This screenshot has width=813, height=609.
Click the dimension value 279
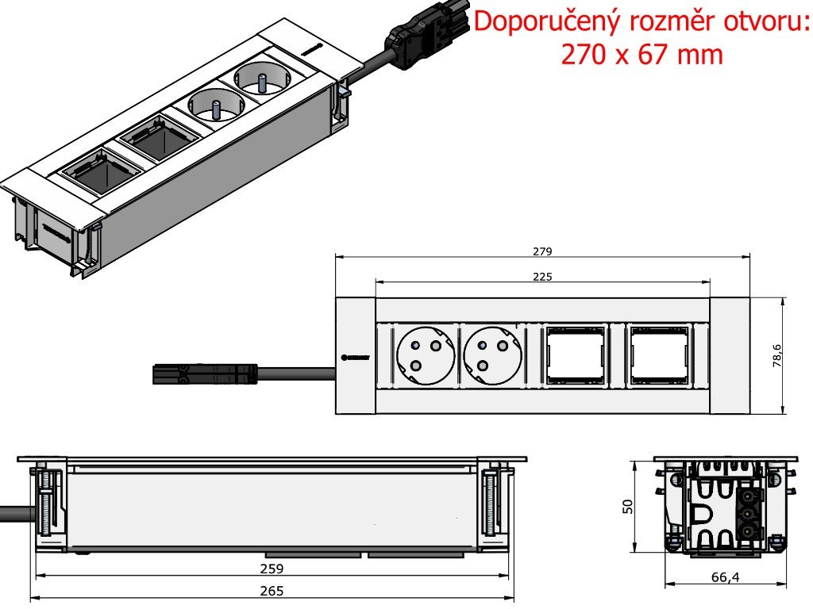pyautogui.click(x=542, y=251)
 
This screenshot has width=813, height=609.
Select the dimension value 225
pyautogui.click(x=542, y=277)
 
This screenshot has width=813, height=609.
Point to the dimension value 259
pyautogui.click(x=272, y=568)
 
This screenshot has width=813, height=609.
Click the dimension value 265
pyautogui.click(x=272, y=591)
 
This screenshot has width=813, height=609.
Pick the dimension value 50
pyautogui.click(x=627, y=506)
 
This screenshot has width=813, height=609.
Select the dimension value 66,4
pyautogui.click(x=724, y=577)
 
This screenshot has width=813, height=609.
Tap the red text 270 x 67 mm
pyautogui.click(x=642, y=54)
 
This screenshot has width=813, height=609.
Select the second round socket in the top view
pyautogui.click(x=491, y=356)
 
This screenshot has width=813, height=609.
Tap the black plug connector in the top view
pyautogui.click(x=204, y=373)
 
